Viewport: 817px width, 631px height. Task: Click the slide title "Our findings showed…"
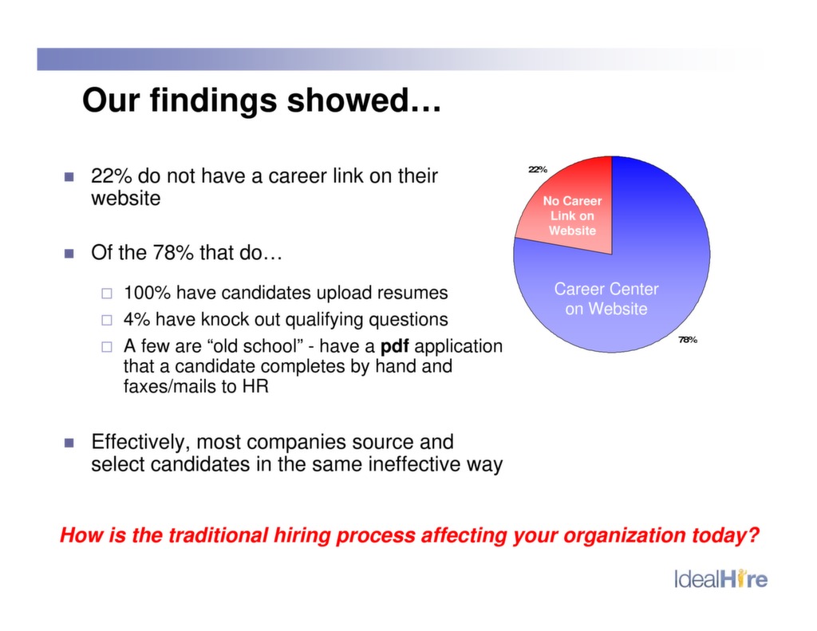coord(261,101)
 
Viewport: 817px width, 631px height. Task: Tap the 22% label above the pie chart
coord(537,169)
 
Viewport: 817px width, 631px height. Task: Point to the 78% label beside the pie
coord(688,340)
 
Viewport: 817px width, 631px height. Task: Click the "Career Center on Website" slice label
coord(606,299)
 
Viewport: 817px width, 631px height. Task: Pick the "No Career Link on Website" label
coord(572,215)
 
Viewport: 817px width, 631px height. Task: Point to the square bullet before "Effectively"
coord(69,443)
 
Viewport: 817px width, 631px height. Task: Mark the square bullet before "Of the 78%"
coord(69,254)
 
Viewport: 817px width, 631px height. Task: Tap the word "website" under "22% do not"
coord(125,199)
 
